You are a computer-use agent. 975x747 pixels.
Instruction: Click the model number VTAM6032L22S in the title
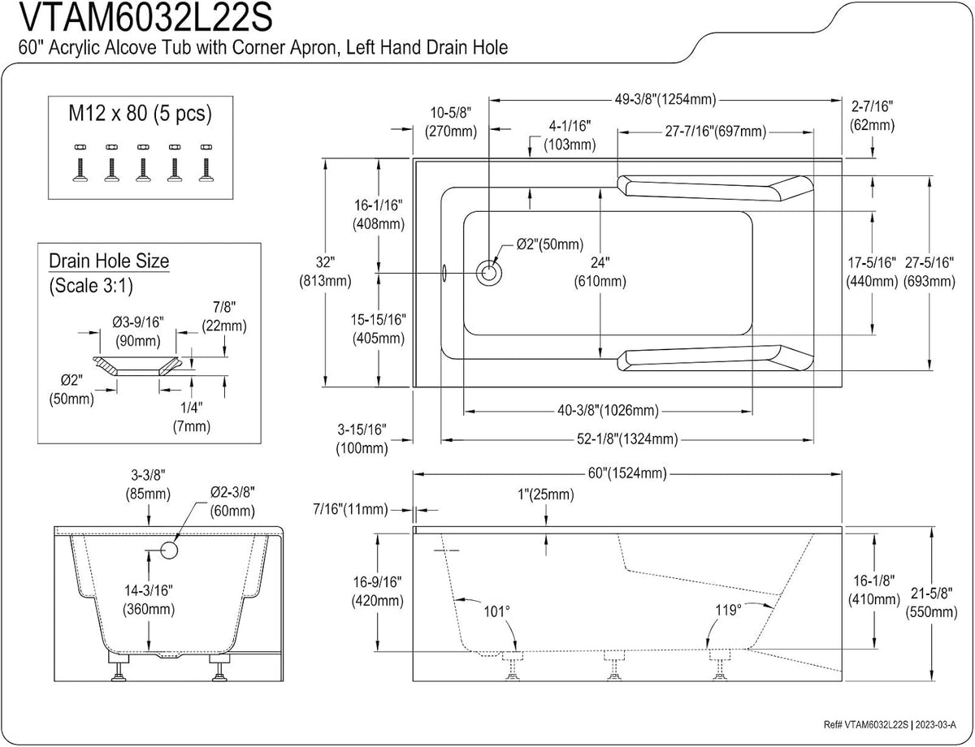[x=146, y=17]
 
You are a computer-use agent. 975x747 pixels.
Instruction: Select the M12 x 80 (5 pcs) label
[x=140, y=114]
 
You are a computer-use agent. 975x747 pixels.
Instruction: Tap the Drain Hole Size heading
[x=109, y=261]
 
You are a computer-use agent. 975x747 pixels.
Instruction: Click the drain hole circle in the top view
[x=488, y=273]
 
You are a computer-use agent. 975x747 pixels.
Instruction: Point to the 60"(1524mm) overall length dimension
[x=627, y=473]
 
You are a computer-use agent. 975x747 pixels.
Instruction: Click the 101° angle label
[x=496, y=611]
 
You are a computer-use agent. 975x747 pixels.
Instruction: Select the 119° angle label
[x=728, y=611]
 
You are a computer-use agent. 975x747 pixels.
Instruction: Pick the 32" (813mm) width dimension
[x=325, y=272]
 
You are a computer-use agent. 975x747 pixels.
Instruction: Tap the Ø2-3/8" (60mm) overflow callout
[x=232, y=502]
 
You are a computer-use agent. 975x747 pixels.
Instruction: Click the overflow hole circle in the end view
[x=169, y=551]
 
